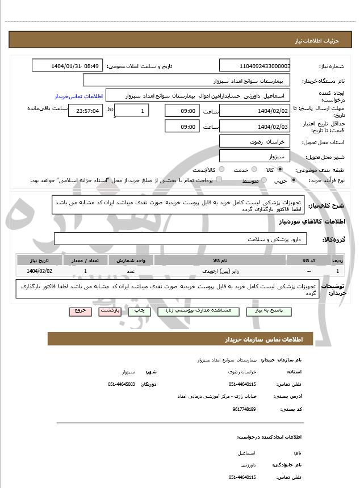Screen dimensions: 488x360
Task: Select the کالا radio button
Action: pos(279,170)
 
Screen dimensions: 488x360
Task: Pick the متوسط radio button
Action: pos(262,180)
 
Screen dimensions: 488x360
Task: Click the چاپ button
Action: pos(138,312)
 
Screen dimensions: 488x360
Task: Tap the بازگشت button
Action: pos(108,312)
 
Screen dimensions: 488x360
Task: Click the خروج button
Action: pos(79,312)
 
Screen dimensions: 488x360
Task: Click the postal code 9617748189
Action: pos(244,409)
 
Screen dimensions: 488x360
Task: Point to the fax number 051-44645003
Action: pos(121,384)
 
